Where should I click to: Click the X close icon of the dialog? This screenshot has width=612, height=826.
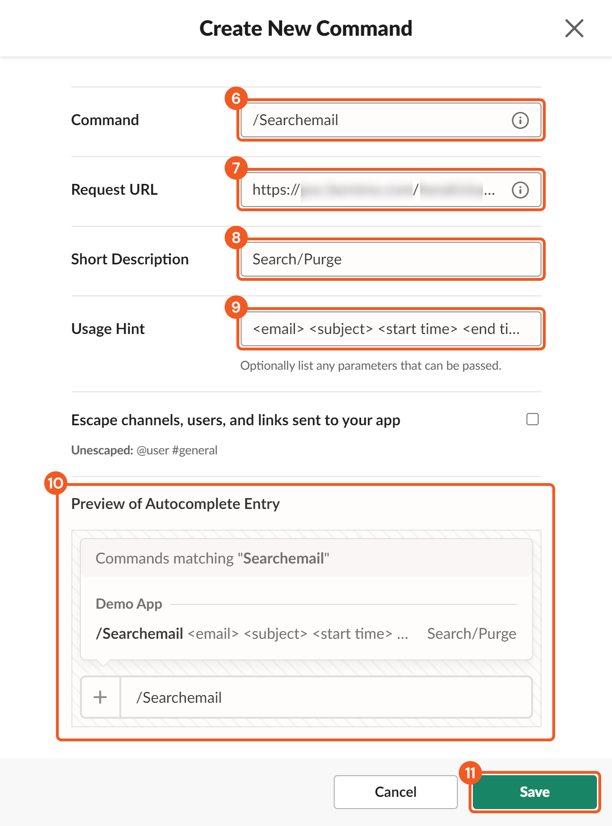coord(574,28)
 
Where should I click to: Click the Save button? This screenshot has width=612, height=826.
coord(534,792)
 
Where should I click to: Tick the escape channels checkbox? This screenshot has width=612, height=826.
coord(532,419)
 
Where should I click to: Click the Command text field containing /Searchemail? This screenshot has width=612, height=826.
coord(376,120)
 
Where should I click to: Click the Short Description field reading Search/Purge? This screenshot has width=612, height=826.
coord(390,259)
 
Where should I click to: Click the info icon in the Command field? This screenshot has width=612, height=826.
coord(520,120)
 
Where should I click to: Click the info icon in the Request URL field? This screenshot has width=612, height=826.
coord(520,190)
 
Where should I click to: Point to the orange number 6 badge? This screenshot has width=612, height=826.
coord(236,98)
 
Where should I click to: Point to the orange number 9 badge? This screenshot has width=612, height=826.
coord(236,307)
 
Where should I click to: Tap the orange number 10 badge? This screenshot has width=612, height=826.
coord(55,483)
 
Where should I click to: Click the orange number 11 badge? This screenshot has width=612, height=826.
coord(470,773)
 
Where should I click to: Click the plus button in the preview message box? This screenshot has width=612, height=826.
coord(100,697)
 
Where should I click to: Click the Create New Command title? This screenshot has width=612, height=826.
coord(306,28)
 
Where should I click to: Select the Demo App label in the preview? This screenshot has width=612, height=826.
coord(129,604)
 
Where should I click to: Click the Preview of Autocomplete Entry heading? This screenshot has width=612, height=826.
coord(175,504)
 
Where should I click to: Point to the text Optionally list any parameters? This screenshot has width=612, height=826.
coord(370,365)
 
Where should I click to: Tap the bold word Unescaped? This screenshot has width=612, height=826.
coord(102,450)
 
